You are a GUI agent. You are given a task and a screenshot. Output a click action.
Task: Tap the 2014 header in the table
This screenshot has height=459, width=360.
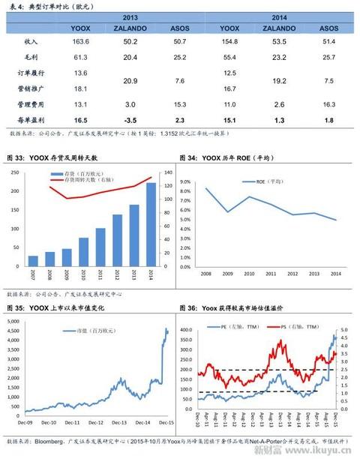(280, 16)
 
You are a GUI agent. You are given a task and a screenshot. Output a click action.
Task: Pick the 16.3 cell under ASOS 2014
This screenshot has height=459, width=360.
(328, 104)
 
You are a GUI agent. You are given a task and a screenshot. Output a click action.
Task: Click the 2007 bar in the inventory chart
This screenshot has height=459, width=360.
(33, 261)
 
